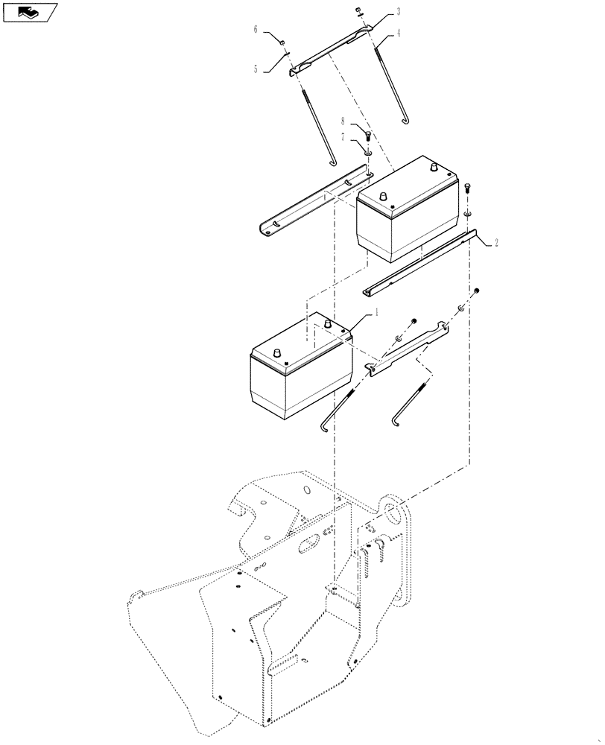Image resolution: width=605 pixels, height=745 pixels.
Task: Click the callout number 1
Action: [x=376, y=314]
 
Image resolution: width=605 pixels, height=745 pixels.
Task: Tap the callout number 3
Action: [x=399, y=12]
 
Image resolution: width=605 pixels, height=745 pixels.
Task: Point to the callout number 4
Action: [x=399, y=33]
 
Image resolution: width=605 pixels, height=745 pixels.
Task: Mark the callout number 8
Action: [x=343, y=121]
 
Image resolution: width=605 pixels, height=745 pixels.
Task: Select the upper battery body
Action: [x=406, y=216]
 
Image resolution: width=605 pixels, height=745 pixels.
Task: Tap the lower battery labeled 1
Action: [x=298, y=372]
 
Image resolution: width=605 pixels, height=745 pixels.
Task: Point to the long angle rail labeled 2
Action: [x=417, y=264]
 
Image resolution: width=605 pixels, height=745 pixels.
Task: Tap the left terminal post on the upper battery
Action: [x=384, y=195]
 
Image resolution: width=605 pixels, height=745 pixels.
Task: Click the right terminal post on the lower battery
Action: [x=326, y=324]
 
